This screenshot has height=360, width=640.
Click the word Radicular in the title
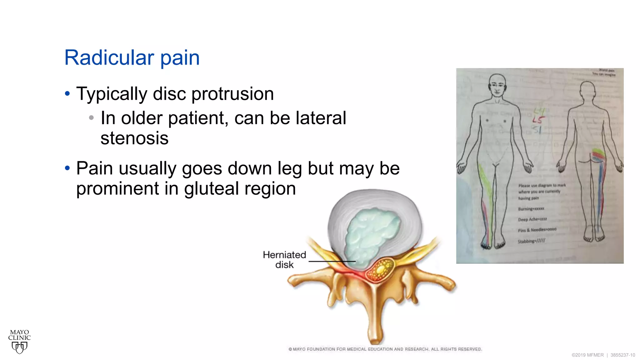(x=109, y=58)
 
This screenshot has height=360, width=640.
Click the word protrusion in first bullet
(x=232, y=94)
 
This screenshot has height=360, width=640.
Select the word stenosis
(x=134, y=138)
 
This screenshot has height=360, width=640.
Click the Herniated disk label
(x=284, y=260)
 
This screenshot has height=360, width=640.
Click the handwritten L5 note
(x=538, y=120)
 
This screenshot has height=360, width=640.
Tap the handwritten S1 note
(x=537, y=129)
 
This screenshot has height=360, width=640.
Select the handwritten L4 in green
(x=539, y=111)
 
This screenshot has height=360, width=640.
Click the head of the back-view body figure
(x=587, y=91)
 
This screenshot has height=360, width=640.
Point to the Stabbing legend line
(x=531, y=241)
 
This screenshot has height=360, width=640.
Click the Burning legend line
(x=531, y=209)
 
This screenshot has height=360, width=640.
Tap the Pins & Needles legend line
(x=537, y=230)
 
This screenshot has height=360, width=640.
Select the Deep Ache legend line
(x=532, y=219)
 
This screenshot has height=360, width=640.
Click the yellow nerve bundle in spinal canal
(x=380, y=270)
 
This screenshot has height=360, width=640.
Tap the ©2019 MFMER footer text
(x=587, y=355)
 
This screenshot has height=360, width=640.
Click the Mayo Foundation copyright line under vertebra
(x=385, y=349)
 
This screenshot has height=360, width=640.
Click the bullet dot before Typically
(x=67, y=93)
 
